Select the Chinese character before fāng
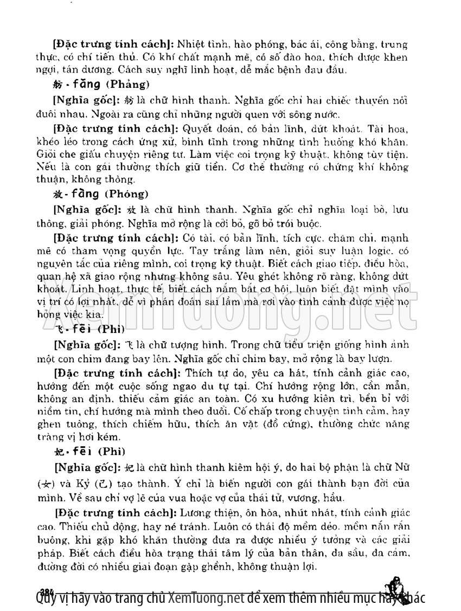tap(59, 85)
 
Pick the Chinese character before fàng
tap(59, 194)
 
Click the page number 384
tap(47, 590)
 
